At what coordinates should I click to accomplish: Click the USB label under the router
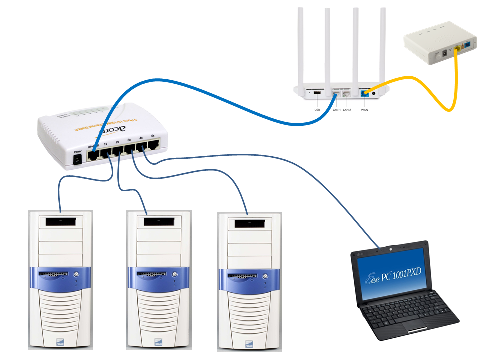pos(317,109)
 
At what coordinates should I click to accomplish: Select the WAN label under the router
pos(364,109)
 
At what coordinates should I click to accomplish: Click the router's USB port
pos(317,92)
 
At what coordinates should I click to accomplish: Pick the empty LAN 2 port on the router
pos(347,93)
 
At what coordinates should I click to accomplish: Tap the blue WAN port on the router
pos(364,93)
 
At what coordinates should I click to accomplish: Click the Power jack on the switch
pos(78,159)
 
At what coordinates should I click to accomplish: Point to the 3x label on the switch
pos(129,141)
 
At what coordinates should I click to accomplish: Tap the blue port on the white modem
pos(467,47)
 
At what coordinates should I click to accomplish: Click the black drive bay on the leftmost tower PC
pos(60,221)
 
